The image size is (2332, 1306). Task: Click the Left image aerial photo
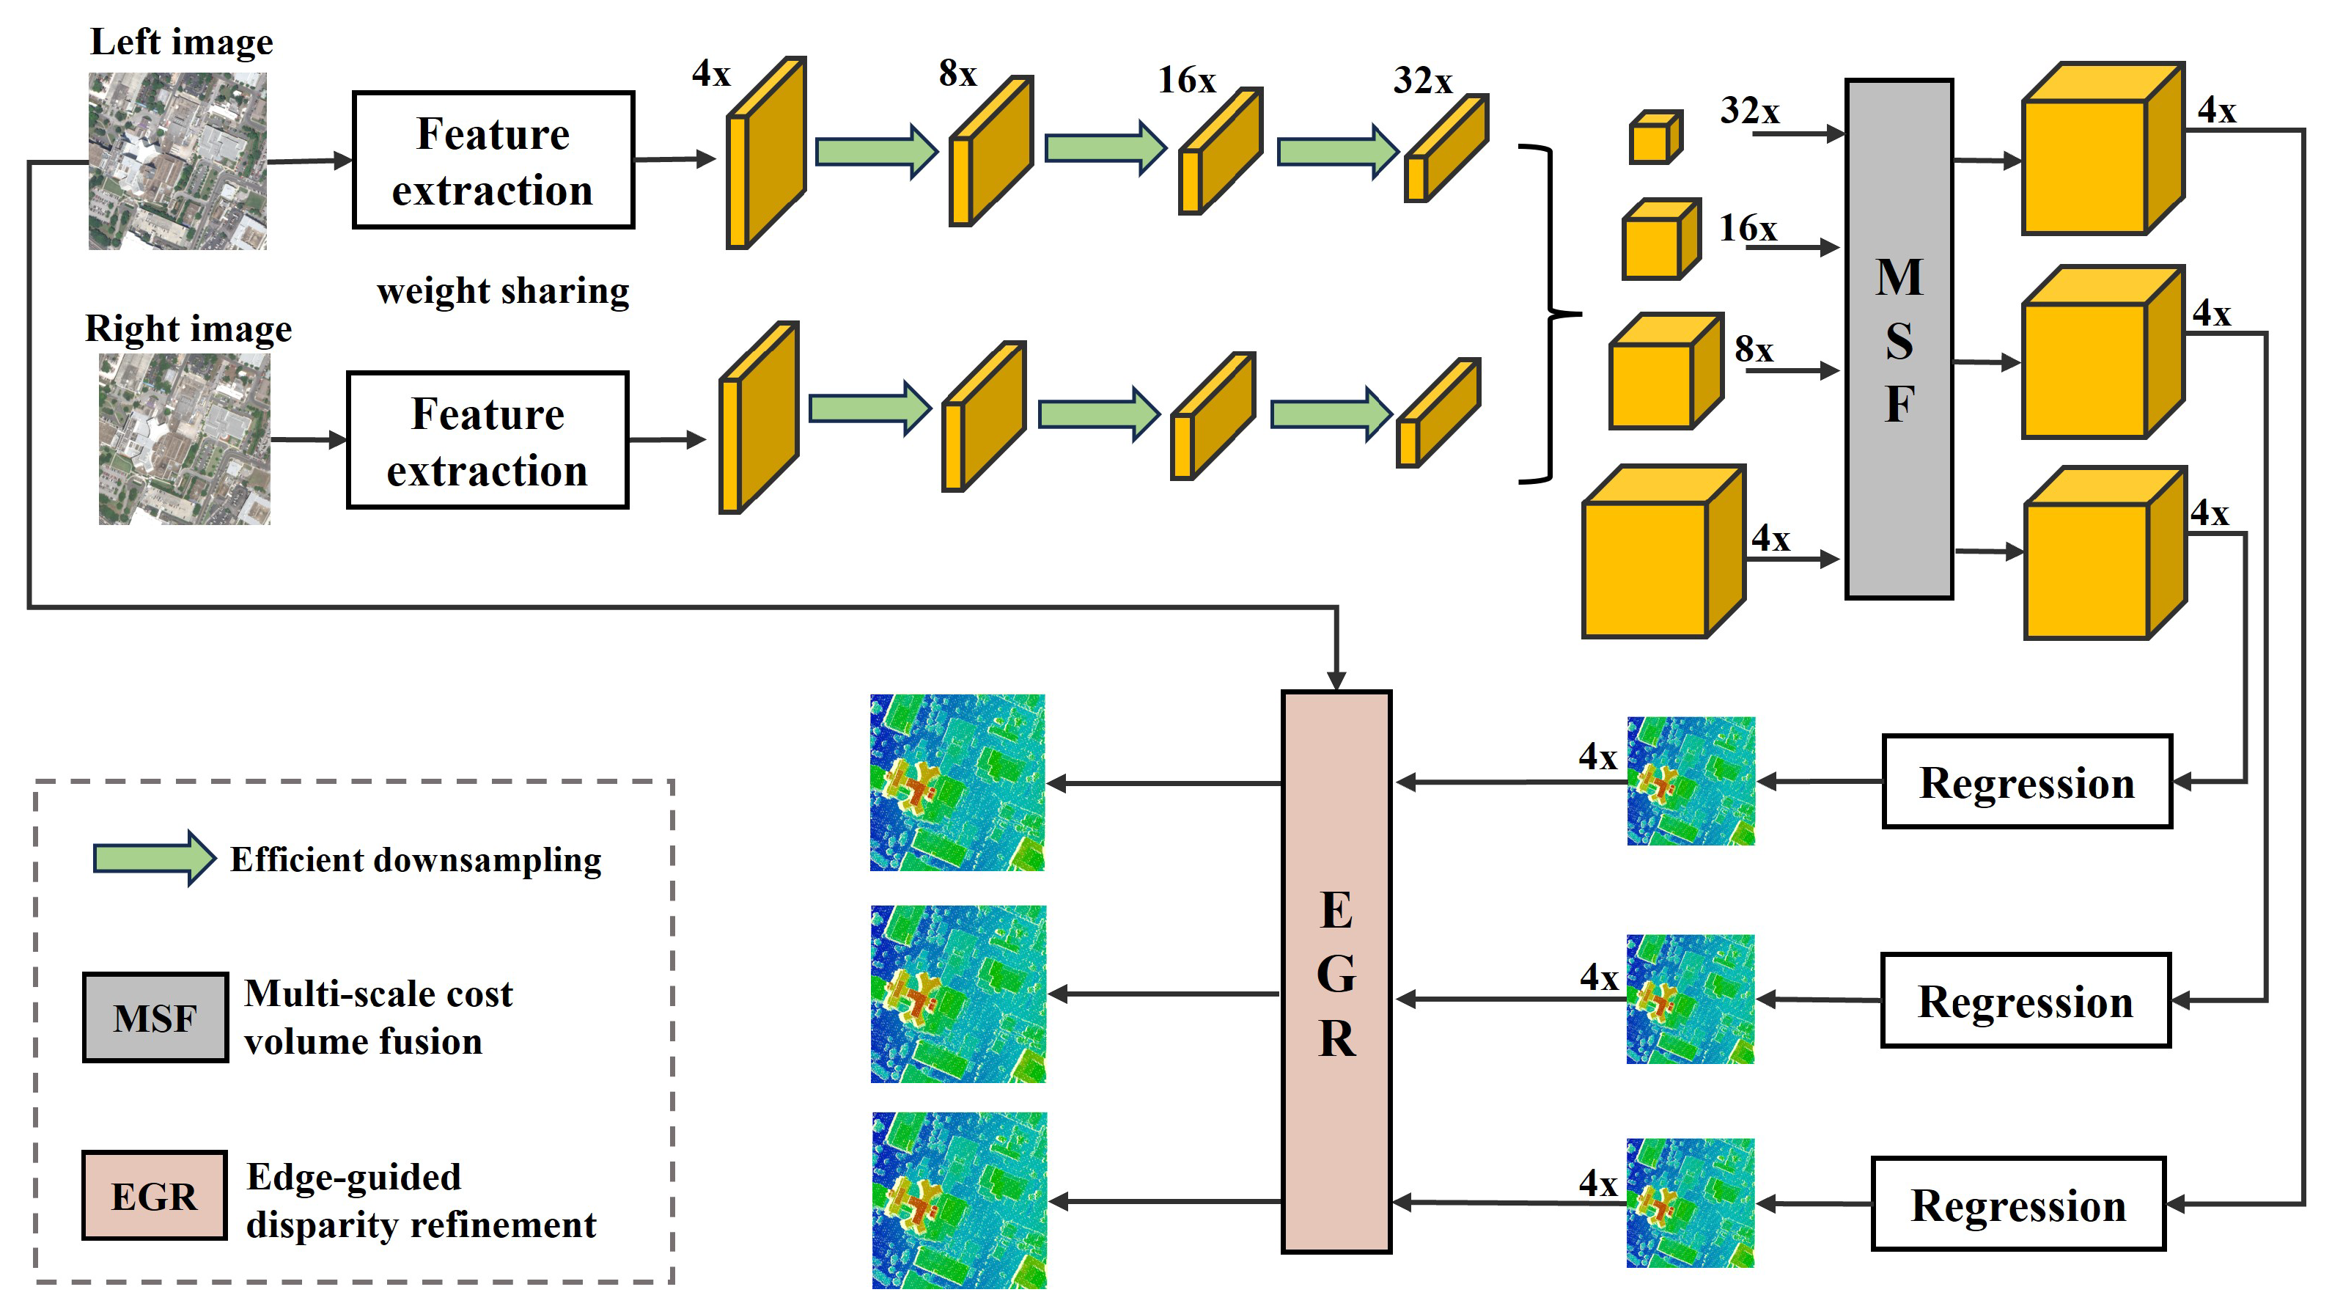[x=177, y=161]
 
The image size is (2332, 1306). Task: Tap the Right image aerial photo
[x=184, y=439]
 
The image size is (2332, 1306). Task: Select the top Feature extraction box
[x=493, y=161]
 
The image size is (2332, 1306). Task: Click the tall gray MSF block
[x=1899, y=340]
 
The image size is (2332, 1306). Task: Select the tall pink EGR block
[x=1336, y=972]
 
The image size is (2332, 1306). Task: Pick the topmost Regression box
[x=2026, y=782]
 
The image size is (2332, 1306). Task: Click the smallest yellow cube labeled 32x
[x=1655, y=138]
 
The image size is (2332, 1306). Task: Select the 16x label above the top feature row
[x=1186, y=80]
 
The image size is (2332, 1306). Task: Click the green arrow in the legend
[x=154, y=858]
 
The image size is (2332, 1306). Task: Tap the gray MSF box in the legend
[x=155, y=1017]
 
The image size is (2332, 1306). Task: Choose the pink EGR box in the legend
[x=154, y=1195]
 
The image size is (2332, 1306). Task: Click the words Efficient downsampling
[x=416, y=859]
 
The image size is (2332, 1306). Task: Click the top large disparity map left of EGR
[x=957, y=782]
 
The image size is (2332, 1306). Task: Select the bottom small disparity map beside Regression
[x=1690, y=1203]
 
